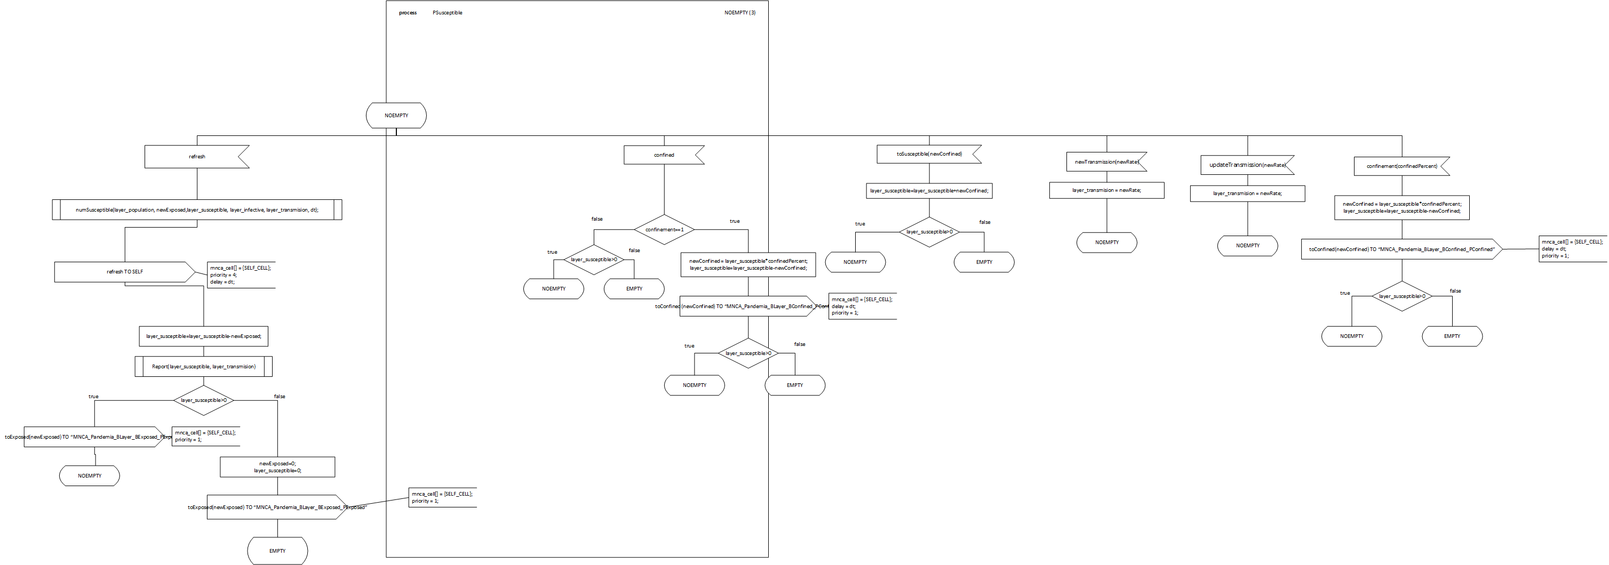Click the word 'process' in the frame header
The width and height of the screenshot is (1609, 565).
407,12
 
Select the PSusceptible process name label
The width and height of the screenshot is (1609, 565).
447,12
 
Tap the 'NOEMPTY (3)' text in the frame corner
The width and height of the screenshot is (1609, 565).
739,12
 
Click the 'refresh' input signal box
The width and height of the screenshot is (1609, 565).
196,157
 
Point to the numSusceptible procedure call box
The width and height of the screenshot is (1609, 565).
197,210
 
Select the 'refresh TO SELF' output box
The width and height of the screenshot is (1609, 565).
124,272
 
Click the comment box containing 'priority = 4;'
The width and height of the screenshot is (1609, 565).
241,275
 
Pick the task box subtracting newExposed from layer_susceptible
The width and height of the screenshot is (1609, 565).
203,336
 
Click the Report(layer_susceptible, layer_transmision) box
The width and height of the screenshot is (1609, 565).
204,367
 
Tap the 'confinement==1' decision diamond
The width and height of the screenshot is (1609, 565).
664,230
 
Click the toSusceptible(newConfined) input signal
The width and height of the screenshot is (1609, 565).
929,154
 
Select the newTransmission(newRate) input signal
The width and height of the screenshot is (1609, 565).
1106,162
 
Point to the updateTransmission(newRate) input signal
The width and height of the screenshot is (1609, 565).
1247,165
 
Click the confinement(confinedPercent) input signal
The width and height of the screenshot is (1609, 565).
1401,166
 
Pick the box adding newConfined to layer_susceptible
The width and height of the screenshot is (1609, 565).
929,190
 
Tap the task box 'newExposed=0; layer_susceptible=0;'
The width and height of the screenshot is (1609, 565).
277,467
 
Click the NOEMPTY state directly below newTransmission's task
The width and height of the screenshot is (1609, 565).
1106,242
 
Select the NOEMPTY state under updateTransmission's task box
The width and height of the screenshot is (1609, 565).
1247,245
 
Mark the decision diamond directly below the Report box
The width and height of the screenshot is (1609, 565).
204,400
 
